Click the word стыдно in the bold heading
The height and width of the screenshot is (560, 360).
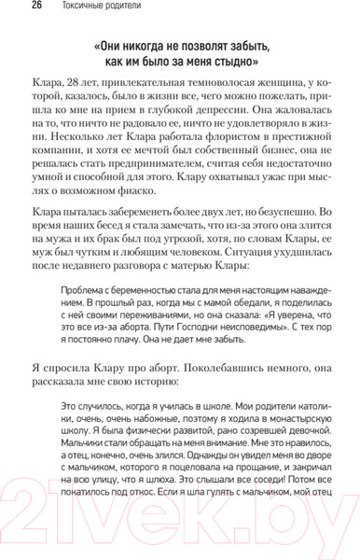pyautogui.click(x=230, y=63)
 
